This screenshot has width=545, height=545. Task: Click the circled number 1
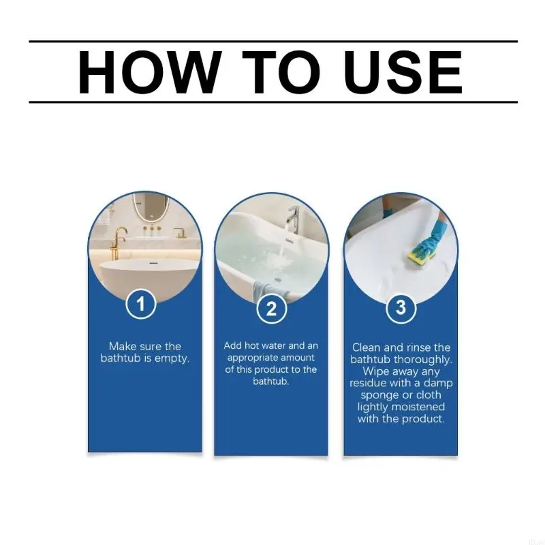pyautogui.click(x=141, y=304)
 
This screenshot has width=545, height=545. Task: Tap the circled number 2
pyautogui.click(x=271, y=309)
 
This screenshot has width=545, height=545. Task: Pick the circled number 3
pyautogui.click(x=401, y=307)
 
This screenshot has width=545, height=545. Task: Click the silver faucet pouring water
pyautogui.click(x=293, y=221)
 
